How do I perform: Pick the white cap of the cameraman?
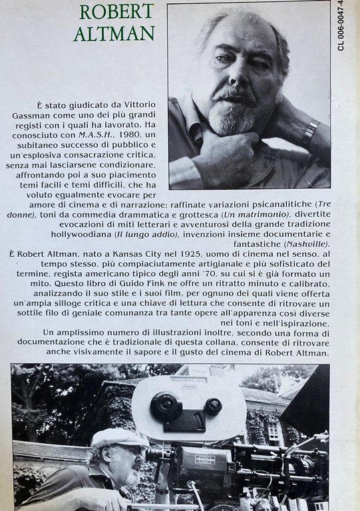[x=118, y=437]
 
